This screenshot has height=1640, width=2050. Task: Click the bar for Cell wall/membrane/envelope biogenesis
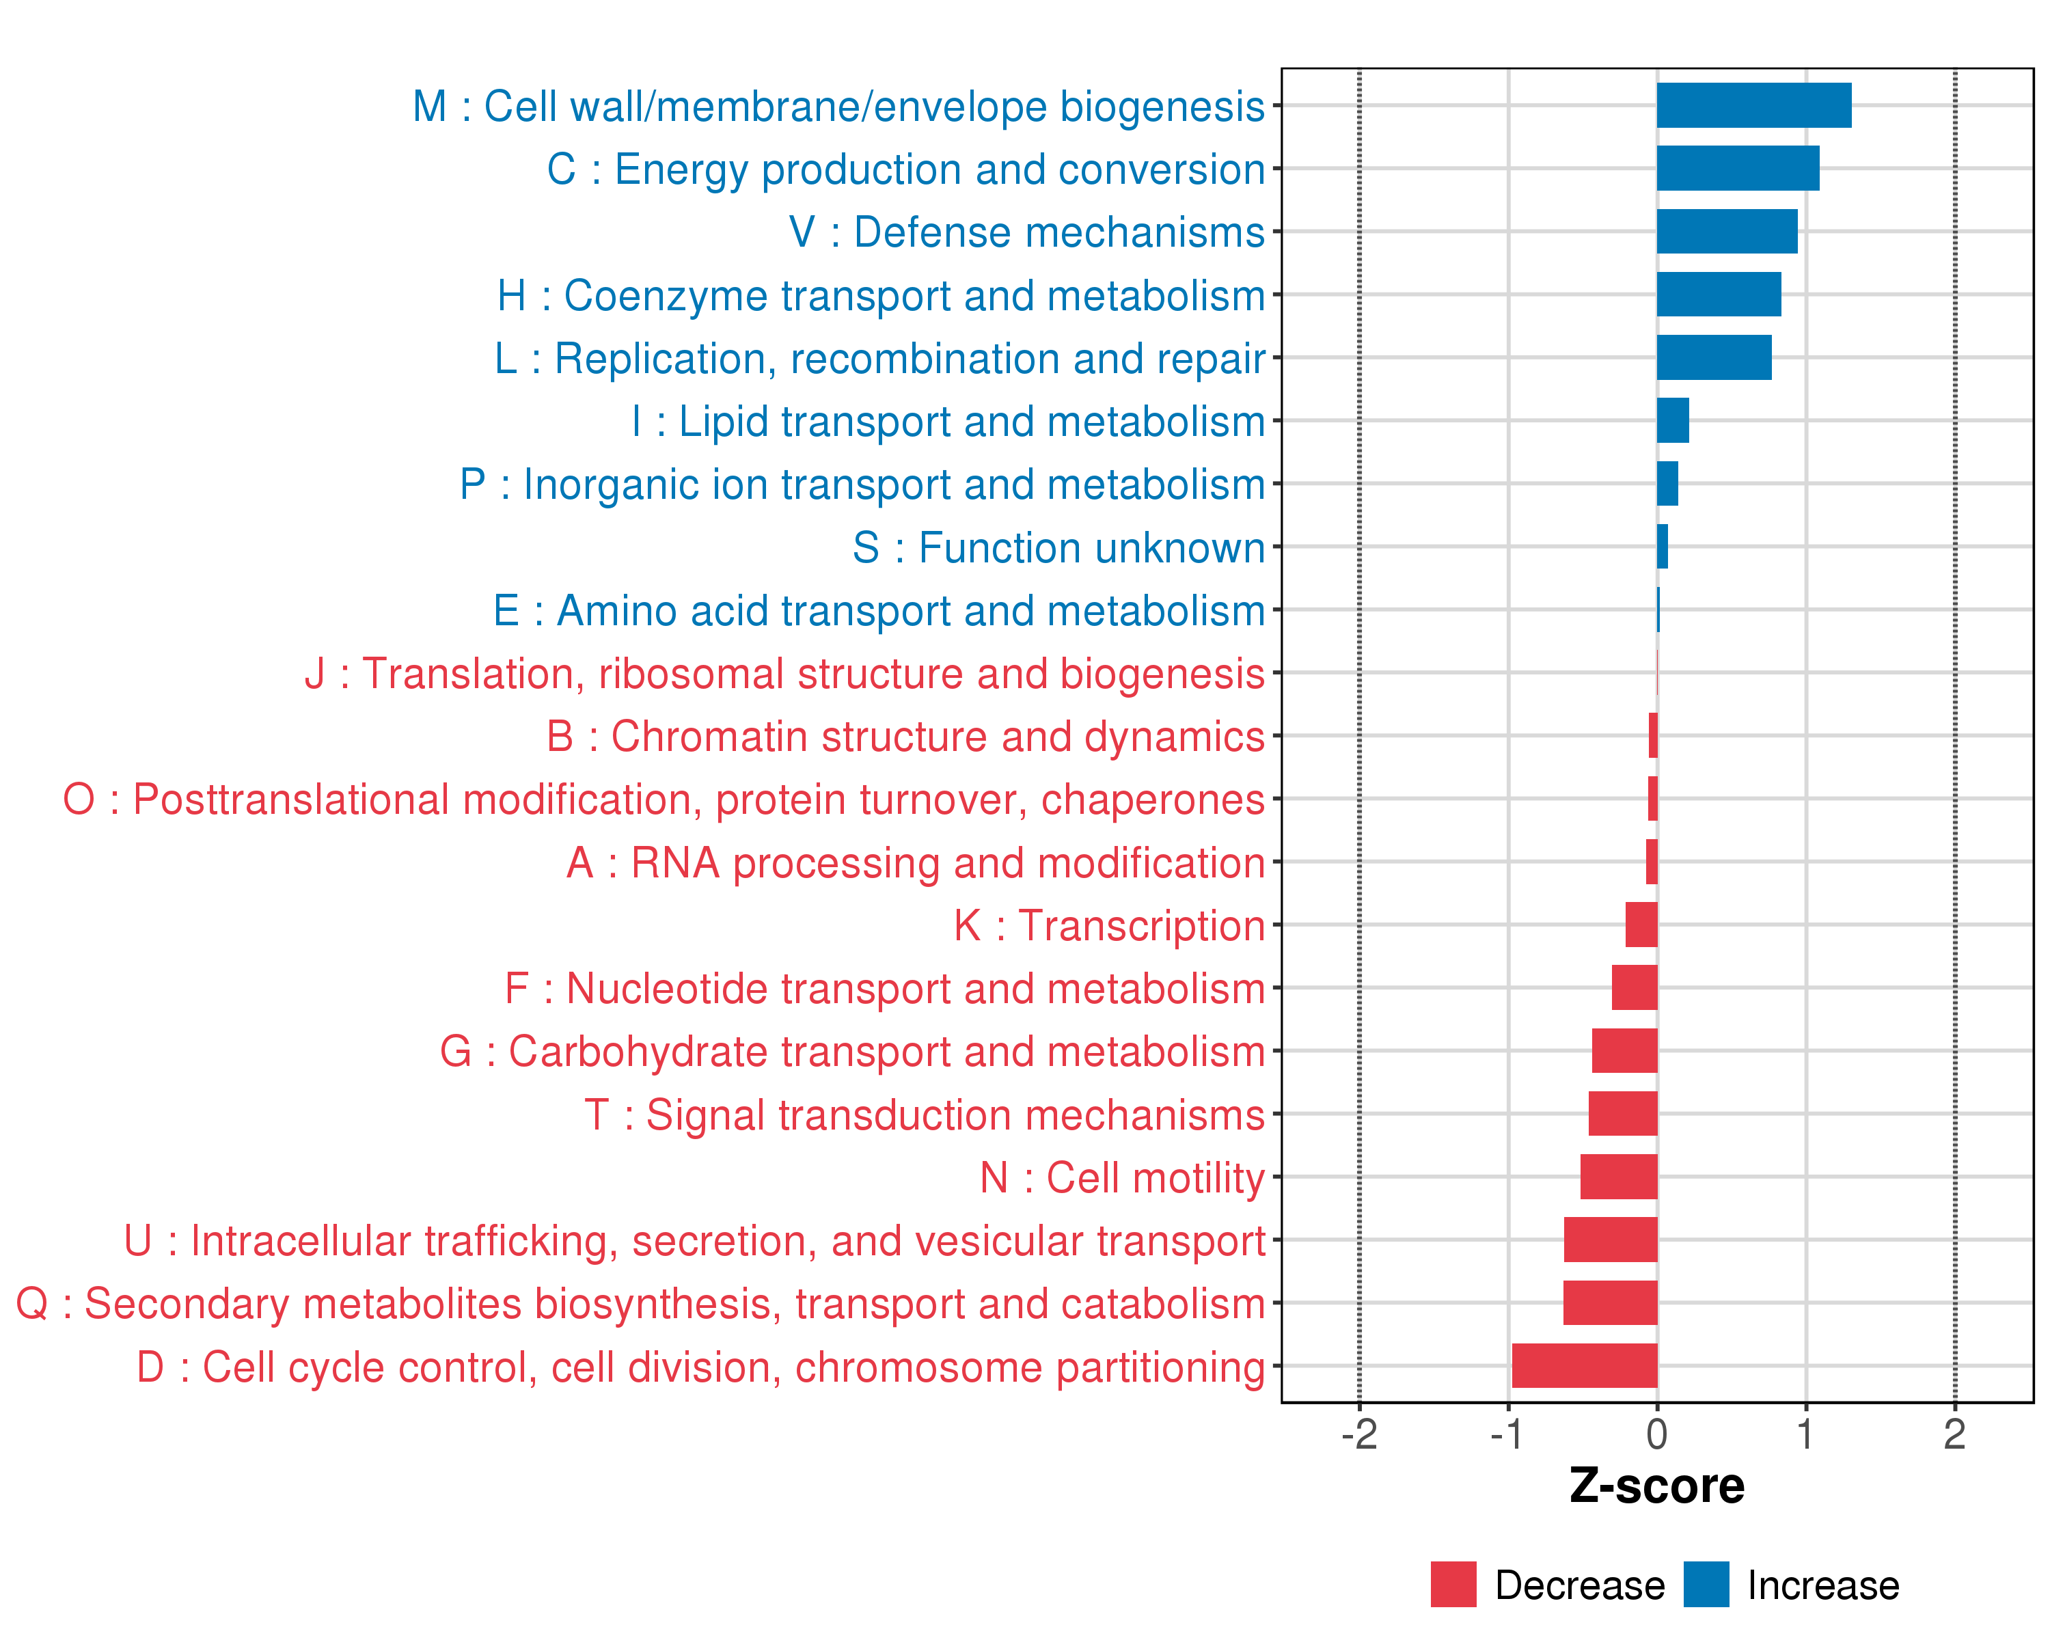pyautogui.click(x=1753, y=105)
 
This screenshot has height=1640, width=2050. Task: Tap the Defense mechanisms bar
pyautogui.click(x=1727, y=232)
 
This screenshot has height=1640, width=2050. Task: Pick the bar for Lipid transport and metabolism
pyautogui.click(x=1673, y=420)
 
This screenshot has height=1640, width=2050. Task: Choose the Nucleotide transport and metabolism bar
pyautogui.click(x=1635, y=988)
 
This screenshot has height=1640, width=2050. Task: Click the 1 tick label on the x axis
pyautogui.click(x=1805, y=1434)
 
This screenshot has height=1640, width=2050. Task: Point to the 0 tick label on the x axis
pyautogui.click(x=1657, y=1434)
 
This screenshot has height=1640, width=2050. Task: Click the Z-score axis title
pyautogui.click(x=1656, y=1486)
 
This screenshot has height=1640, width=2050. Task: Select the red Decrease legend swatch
pyautogui.click(x=1453, y=1584)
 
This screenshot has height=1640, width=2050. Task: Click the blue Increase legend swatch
pyautogui.click(x=1706, y=1584)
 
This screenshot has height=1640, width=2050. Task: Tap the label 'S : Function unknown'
pyautogui.click(x=1058, y=547)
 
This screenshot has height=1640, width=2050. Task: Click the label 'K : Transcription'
pyautogui.click(x=1108, y=926)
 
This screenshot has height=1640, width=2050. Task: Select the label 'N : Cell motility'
pyautogui.click(x=1122, y=1178)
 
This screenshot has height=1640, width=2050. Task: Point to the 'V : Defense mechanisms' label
pyautogui.click(x=1027, y=232)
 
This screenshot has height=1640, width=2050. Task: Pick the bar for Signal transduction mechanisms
pyautogui.click(x=1622, y=1113)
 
